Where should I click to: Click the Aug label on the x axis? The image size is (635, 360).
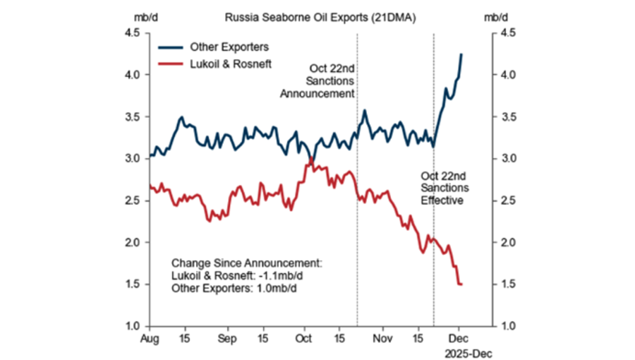click(x=150, y=338)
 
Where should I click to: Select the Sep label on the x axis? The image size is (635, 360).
click(x=226, y=338)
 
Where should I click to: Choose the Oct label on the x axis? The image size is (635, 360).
click(x=304, y=338)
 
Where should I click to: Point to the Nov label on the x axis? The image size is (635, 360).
click(x=382, y=338)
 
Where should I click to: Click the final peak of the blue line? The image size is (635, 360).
click(x=461, y=54)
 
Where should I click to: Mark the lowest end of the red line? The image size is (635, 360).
click(x=461, y=284)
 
